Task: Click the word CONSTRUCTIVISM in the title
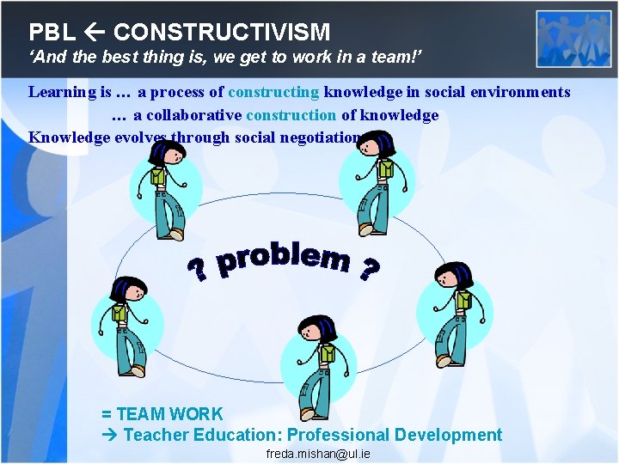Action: click(222, 33)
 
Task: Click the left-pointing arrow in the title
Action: click(95, 33)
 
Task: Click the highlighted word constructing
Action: click(274, 92)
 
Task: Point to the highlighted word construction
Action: click(291, 114)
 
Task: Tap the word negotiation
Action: click(317, 137)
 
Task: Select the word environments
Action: click(523, 92)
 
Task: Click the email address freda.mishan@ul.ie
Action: click(318, 453)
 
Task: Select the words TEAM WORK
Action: click(169, 414)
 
